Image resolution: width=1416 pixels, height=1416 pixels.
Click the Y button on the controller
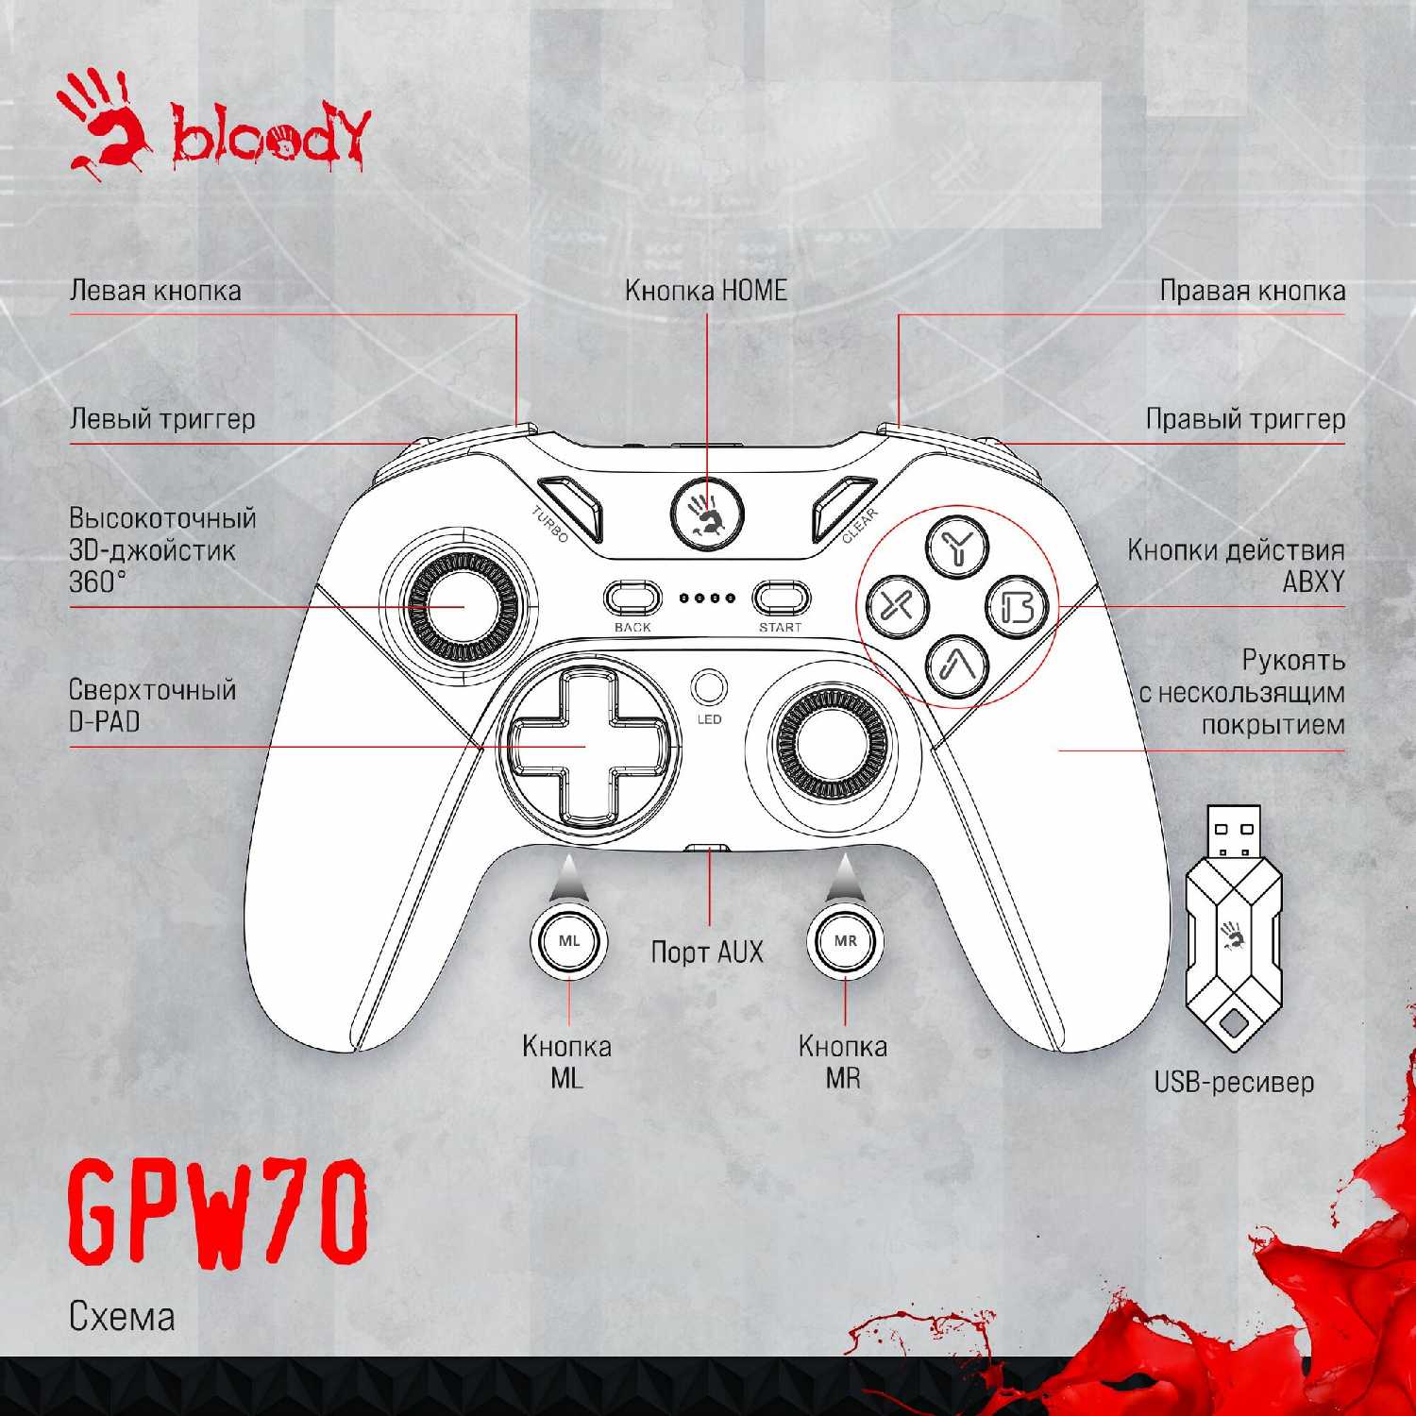957,546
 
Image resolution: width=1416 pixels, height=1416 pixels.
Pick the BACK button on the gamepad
632,598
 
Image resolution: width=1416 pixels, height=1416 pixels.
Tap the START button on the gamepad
781,598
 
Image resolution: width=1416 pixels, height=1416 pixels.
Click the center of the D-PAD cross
586,746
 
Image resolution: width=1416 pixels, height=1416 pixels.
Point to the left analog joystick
464,605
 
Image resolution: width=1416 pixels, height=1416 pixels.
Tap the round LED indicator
709,687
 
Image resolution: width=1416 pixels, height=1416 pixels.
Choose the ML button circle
569,941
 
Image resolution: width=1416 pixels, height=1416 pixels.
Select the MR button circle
845,941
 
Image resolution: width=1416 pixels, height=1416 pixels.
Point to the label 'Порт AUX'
707,952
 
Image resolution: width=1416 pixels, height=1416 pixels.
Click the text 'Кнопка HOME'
706,291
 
